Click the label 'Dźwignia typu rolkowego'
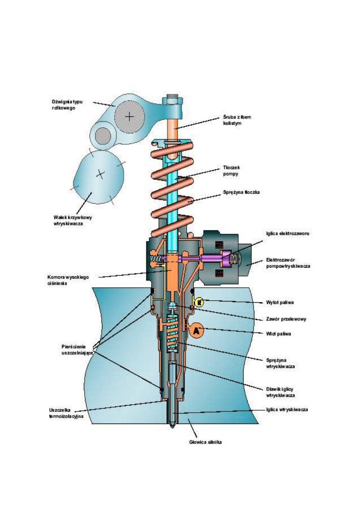pyautogui.click(x=64, y=104)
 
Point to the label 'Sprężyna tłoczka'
pyautogui.click(x=241, y=193)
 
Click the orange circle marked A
pyautogui.click(x=196, y=331)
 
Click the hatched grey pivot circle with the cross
pyautogui.click(x=129, y=116)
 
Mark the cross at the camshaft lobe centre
pyautogui.click(x=100, y=174)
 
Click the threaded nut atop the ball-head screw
pyautogui.click(x=172, y=99)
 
